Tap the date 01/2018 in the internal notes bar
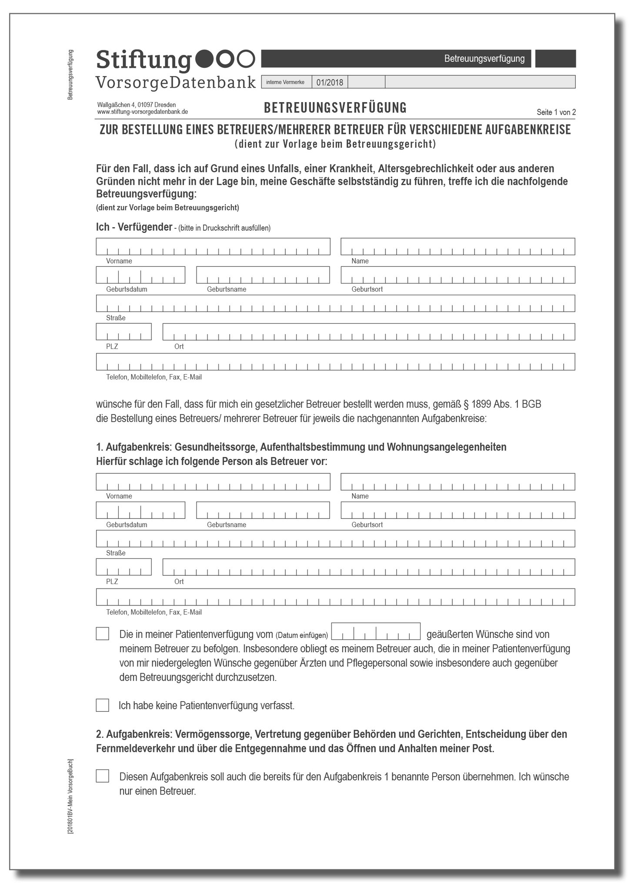pos(329,82)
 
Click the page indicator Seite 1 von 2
pos(556,112)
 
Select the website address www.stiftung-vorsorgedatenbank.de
pos(142,112)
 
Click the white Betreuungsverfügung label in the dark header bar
pos(484,59)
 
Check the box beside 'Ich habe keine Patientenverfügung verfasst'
pos(103,705)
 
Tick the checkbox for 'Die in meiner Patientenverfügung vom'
pos(103,634)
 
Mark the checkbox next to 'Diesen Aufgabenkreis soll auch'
pos(103,776)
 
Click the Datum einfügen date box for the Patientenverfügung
pos(376,631)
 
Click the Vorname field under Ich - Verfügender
pos(213,246)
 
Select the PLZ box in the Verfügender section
pos(124,332)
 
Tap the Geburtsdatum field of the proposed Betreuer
pos(140,510)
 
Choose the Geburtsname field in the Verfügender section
pos(263,275)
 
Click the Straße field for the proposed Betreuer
pos(335,538)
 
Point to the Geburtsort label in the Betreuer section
pos(367,525)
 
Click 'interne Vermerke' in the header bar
pos(285,82)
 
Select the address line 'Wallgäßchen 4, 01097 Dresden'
pos(136,105)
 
